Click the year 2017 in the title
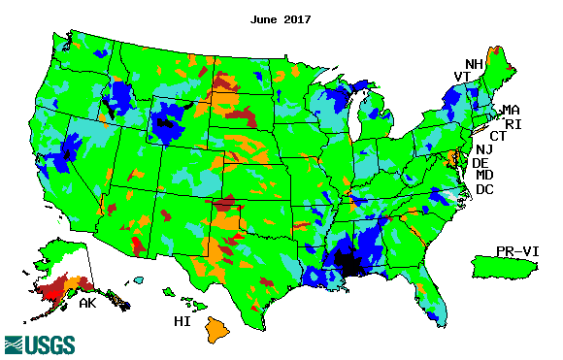coord(295,19)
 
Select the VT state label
coord(462,78)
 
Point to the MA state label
coord(510,110)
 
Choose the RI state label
coord(512,123)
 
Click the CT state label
coord(497,136)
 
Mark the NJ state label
coord(484,149)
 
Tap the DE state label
coord(480,163)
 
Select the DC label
coord(484,189)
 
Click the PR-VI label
coord(517,250)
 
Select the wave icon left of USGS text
coord(17,344)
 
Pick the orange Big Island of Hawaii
coord(215,330)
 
